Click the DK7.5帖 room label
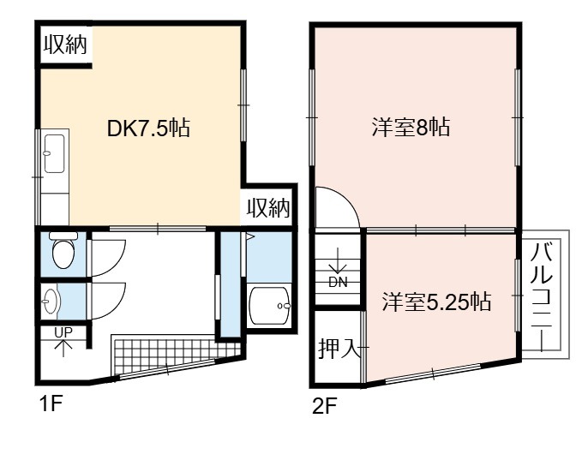(x=148, y=128)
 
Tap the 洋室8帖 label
(x=411, y=128)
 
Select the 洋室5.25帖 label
(x=437, y=302)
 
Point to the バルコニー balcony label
(x=542, y=296)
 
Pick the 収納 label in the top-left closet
(x=66, y=45)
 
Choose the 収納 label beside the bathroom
(x=268, y=208)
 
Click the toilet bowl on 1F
(x=63, y=250)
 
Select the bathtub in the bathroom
(x=269, y=306)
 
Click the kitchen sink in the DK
(x=55, y=153)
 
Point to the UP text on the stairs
(x=63, y=332)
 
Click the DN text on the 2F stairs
(x=338, y=283)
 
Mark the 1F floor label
(x=51, y=403)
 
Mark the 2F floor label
(x=324, y=407)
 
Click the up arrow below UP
(x=63, y=348)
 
